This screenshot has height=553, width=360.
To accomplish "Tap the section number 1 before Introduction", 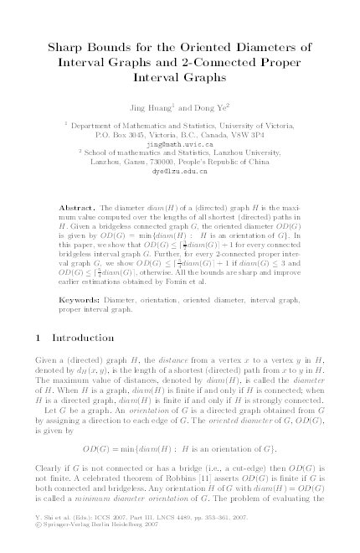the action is tap(37, 338).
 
